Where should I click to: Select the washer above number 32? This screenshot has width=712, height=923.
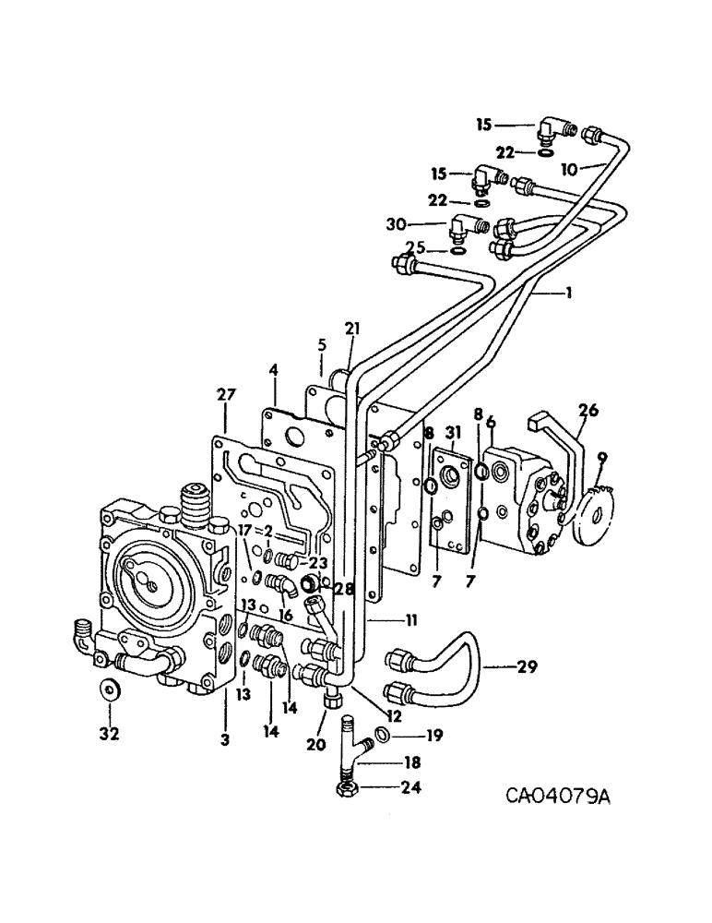pyautogui.click(x=109, y=689)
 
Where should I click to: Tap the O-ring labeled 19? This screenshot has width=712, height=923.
pyautogui.click(x=382, y=736)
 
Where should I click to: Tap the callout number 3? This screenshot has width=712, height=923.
pyautogui.click(x=223, y=739)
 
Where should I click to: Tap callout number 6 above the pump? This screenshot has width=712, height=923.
pyautogui.click(x=491, y=421)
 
